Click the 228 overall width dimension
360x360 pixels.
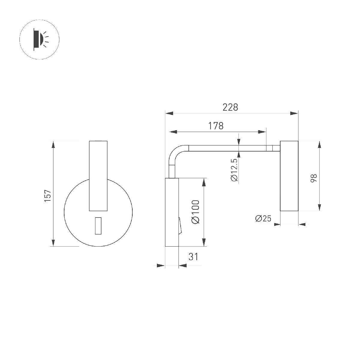(230, 107)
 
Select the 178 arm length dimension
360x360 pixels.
(216, 126)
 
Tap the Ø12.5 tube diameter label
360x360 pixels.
(234, 169)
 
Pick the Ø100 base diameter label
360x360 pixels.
(195, 212)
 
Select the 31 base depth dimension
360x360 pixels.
(193, 257)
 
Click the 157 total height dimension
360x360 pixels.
(48, 196)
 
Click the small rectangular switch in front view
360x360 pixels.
(98, 226)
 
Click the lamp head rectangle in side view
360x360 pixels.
(289, 176)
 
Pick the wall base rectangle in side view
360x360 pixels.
(172, 212)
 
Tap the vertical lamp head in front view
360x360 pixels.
(98, 175)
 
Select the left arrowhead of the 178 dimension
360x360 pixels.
(173, 131)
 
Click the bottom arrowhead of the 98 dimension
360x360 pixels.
(319, 207)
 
